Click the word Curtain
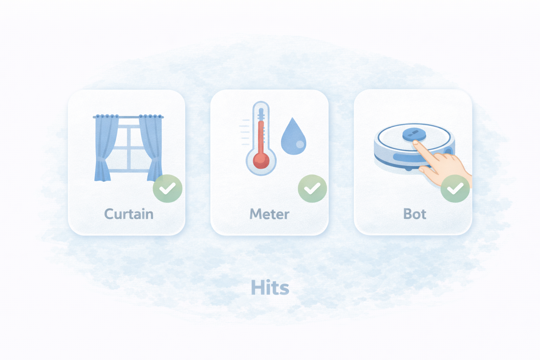129,214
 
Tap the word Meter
269,214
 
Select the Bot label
414,214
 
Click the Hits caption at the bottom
270,287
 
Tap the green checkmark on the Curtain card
168,188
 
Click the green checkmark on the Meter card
312,188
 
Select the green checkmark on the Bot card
455,188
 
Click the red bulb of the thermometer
261,160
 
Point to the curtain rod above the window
128,117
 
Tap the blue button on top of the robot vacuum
414,134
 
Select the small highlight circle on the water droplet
300,144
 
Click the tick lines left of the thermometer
244,132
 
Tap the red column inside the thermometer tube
261,137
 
